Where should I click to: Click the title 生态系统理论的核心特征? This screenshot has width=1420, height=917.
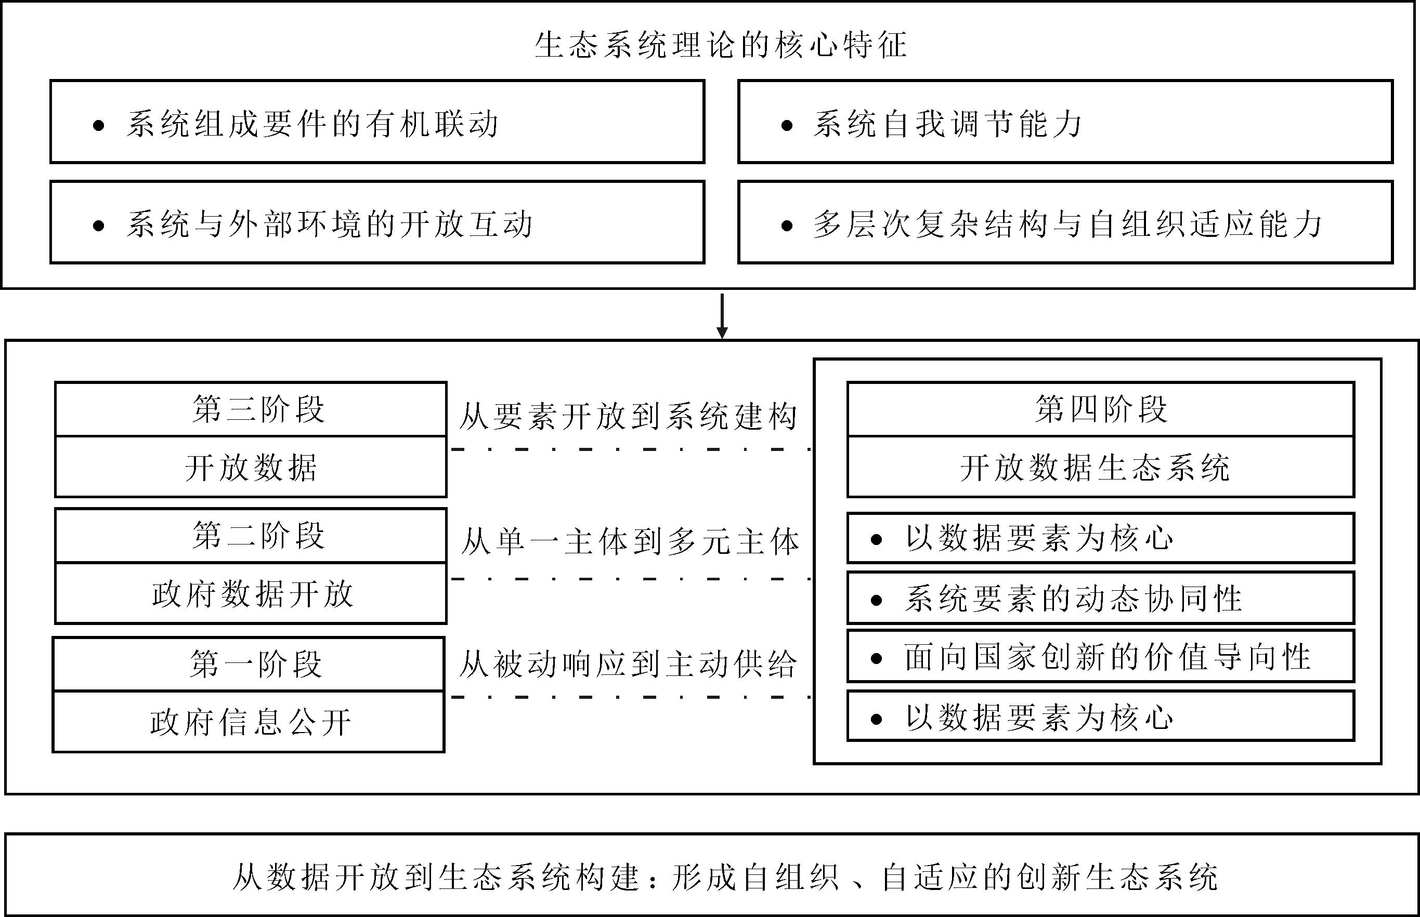point(721,45)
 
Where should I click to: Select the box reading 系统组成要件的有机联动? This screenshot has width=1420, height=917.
point(377,122)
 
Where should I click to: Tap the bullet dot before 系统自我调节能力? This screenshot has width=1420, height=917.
point(787,126)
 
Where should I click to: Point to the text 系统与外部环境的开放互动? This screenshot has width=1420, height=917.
point(329,224)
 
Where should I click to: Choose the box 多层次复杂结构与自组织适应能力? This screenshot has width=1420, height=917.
point(1065,222)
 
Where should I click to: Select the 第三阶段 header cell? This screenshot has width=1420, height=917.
point(251,409)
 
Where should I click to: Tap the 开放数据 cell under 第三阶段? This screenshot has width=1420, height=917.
point(251,468)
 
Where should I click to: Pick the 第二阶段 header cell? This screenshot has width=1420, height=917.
point(251,535)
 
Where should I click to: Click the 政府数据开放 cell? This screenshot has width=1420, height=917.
point(251,594)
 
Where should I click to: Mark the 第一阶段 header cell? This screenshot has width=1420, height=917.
point(249,665)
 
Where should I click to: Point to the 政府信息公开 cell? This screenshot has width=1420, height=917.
point(249,722)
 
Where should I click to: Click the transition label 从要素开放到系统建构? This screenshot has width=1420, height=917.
point(628,416)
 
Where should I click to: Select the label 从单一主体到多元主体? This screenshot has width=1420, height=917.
point(630,542)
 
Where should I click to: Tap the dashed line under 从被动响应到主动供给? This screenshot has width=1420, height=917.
point(630,697)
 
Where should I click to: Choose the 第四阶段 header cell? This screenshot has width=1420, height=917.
point(1101,409)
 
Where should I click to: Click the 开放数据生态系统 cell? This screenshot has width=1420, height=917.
point(1101,468)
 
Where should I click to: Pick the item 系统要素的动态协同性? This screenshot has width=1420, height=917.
point(1101,599)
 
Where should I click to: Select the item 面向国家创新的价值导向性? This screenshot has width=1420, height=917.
point(1101,657)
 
